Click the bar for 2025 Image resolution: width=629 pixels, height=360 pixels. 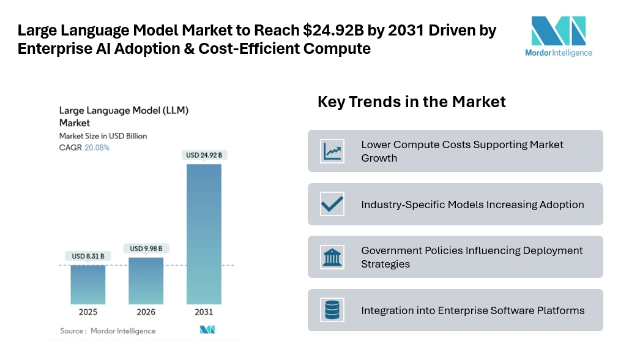pyautogui.click(x=87, y=284)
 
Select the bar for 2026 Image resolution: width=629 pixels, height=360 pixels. pyautogui.click(x=146, y=280)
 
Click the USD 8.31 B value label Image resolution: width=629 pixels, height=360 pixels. pyautogui.click(x=87, y=256)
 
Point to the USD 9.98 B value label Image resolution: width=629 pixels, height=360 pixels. pyautogui.click(x=146, y=248)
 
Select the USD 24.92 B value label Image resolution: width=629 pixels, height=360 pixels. pyautogui.click(x=204, y=155)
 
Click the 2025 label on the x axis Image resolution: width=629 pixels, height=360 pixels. pyautogui.click(x=87, y=312)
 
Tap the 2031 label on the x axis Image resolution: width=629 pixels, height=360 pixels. pyautogui.click(x=204, y=312)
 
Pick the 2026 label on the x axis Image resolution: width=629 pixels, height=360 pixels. pyautogui.click(x=146, y=312)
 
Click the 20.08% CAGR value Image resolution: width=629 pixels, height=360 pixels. pyautogui.click(x=97, y=148)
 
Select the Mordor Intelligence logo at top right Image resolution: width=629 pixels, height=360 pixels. pyautogui.click(x=558, y=36)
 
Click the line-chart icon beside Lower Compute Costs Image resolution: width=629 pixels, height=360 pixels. pyautogui.click(x=332, y=151)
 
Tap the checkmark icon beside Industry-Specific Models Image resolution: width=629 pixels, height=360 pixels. pyautogui.click(x=332, y=204)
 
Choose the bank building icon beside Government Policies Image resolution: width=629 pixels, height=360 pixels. pyautogui.click(x=332, y=257)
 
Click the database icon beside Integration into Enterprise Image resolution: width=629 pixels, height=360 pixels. pyautogui.click(x=332, y=310)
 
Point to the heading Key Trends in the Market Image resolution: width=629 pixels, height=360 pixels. pyautogui.click(x=411, y=102)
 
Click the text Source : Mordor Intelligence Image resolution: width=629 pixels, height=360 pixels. pyautogui.click(x=108, y=331)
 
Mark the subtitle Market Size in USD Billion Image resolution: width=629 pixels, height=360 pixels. pyautogui.click(x=103, y=136)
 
